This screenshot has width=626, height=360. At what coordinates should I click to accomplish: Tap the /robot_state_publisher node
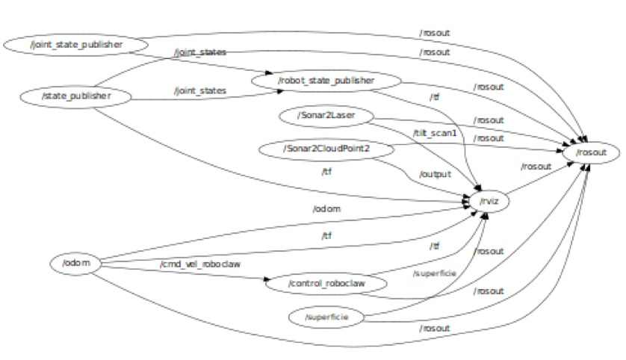(326, 80)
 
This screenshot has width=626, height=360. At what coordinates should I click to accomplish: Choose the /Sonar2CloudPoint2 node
(327, 149)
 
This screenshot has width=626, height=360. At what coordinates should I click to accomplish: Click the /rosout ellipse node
(592, 152)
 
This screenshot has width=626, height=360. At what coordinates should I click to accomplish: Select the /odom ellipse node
(75, 263)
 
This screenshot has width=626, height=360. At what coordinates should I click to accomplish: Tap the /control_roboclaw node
(326, 284)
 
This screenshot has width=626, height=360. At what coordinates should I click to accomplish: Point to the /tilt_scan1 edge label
(435, 132)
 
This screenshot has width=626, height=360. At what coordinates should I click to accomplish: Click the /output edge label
(436, 174)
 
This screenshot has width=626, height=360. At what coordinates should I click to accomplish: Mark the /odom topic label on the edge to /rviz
(327, 208)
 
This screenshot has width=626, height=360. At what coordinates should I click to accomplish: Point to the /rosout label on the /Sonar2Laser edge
(489, 120)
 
